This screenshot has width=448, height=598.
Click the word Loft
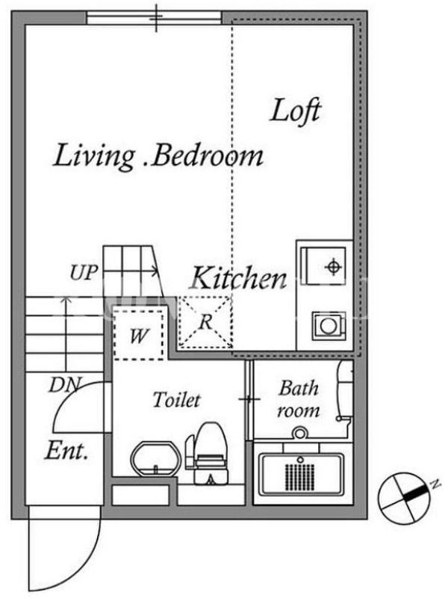[296, 111]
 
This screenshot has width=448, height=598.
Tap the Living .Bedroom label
[158, 156]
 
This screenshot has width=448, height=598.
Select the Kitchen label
[238, 277]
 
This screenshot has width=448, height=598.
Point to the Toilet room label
[176, 400]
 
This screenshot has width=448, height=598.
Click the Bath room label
[298, 399]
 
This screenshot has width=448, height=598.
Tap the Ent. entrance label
[66, 451]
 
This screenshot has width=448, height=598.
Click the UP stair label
[84, 272]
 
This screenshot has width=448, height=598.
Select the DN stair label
[65, 385]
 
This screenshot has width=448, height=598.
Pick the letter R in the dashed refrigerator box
[206, 322]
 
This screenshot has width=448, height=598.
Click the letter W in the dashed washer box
[139, 336]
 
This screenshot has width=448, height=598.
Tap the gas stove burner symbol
[332, 267]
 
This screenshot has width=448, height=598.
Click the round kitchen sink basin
[328, 326]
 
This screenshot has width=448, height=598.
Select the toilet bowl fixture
[207, 453]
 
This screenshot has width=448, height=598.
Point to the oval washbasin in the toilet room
[156, 459]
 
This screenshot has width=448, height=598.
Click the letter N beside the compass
[435, 484]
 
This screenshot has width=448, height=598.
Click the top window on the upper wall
[154, 18]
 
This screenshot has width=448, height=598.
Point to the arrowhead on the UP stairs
[155, 271]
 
